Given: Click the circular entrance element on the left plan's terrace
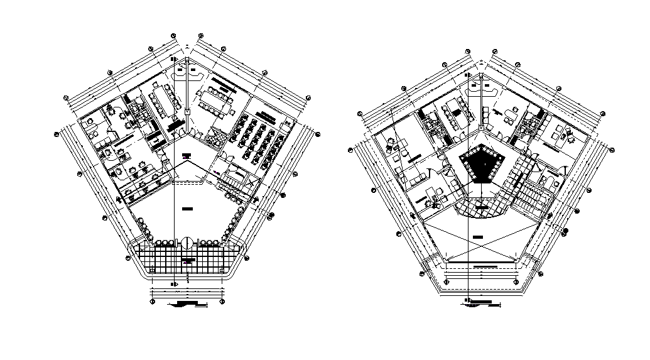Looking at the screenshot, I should pos(187,242).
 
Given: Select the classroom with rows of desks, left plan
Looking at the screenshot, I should pos(256,142).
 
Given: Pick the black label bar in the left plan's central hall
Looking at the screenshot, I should pos(187,207).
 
